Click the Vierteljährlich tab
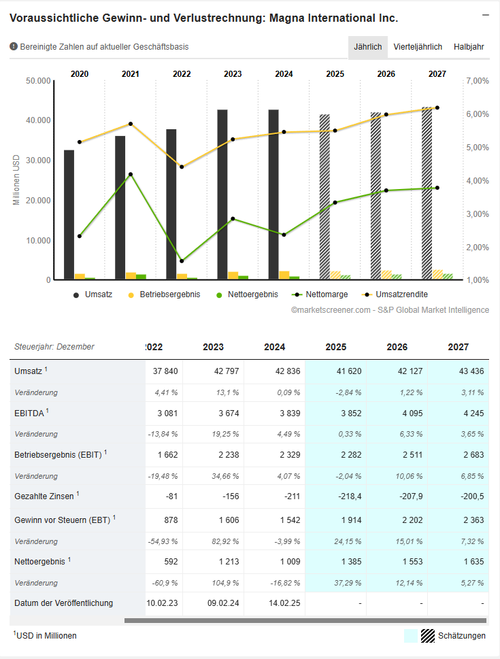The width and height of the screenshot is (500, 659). [418, 47]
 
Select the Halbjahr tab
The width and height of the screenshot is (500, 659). [469, 47]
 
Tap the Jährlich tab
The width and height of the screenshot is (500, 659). [368, 47]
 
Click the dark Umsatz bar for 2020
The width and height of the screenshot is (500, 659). [69, 214]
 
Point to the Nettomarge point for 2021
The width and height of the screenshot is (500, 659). [131, 174]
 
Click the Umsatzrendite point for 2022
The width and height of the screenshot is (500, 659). [182, 167]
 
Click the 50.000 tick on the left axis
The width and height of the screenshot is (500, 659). [39, 81]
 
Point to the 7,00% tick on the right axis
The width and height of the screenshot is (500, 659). [478, 81]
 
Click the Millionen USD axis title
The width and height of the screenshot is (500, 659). [16, 180]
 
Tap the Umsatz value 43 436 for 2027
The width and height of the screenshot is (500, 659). [469, 371]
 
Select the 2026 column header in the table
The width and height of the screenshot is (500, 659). [397, 347]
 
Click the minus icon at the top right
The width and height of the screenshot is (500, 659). [486, 15]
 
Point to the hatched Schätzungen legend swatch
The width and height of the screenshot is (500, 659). [427, 636]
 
